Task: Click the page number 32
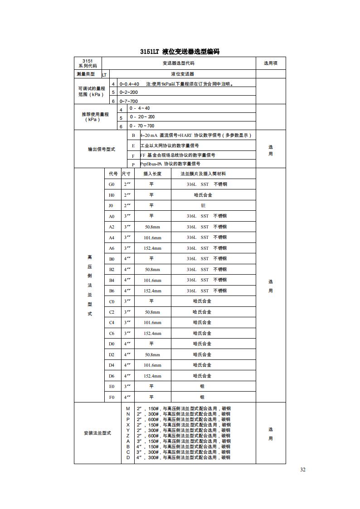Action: click(303, 470)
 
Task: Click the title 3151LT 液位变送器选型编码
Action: click(180, 52)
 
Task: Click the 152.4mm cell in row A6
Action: click(152, 248)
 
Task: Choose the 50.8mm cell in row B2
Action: click(152, 269)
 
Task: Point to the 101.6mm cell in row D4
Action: click(152, 365)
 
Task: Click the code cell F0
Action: click(112, 398)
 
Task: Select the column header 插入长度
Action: click(152, 174)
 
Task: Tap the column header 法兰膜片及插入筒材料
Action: click(203, 174)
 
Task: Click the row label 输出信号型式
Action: click(102, 150)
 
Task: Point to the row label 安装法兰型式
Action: click(97, 433)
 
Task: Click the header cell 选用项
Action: click(271, 63)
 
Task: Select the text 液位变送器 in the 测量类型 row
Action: click(182, 74)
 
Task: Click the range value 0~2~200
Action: click(129, 92)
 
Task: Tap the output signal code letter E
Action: click(133, 146)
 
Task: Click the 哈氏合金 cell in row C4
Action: click(202, 323)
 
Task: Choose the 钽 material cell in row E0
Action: click(202, 387)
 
